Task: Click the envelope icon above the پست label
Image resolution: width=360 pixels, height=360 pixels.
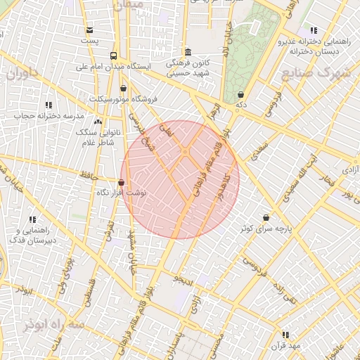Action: click(89, 30)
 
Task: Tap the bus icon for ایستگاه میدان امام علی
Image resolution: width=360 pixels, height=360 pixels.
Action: click(114, 56)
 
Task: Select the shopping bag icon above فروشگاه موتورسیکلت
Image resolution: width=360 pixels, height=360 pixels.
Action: click(124, 89)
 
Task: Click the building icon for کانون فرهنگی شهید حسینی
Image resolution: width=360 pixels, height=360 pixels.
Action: click(187, 52)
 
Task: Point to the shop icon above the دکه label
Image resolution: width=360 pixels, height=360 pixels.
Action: click(241, 94)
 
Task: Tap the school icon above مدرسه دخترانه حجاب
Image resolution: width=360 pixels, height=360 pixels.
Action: click(49, 105)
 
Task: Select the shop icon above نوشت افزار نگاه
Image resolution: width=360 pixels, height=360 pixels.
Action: click(121, 182)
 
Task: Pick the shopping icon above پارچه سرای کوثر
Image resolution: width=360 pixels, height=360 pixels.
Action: click(266, 218)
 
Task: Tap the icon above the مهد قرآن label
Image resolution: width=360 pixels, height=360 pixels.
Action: click(285, 335)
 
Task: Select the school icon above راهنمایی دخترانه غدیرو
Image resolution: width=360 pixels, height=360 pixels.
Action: click(313, 30)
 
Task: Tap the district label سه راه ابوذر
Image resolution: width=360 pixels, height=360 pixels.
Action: click(53, 325)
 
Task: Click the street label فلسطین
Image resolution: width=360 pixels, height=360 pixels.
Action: click(89, 290)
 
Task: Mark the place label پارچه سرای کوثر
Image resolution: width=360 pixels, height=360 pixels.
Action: click(264, 229)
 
